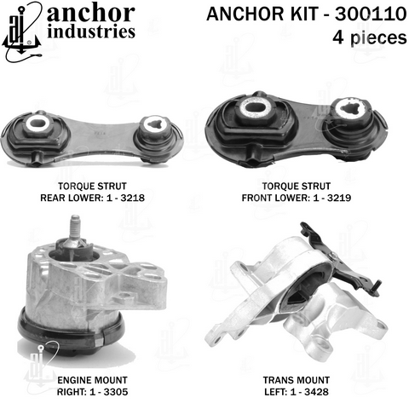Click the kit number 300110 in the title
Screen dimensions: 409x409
click(371, 14)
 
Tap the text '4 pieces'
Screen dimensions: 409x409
click(370, 37)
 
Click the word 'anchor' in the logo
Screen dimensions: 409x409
click(91, 13)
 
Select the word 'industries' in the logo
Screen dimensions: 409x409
click(91, 32)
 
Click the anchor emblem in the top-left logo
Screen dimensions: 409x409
click(22, 32)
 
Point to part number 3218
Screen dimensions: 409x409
click(133, 198)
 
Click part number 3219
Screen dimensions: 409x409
click(339, 198)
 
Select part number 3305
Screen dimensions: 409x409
click(116, 392)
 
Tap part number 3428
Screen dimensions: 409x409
click(316, 392)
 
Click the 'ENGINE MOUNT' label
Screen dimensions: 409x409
click(92, 380)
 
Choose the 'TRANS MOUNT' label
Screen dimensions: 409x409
click(297, 380)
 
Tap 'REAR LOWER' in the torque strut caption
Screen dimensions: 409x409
click(72, 198)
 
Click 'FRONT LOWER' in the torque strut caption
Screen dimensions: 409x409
click(276, 198)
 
